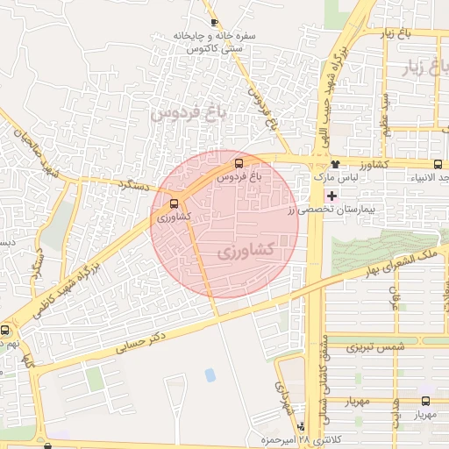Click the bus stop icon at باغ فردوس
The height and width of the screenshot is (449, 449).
click(x=239, y=163)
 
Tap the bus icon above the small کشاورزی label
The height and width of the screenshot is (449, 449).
click(x=172, y=204)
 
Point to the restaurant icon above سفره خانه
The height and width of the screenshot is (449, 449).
click(x=213, y=22)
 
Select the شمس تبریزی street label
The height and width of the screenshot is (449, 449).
click(x=377, y=348)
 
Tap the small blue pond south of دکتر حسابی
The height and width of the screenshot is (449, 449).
click(x=210, y=374)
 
